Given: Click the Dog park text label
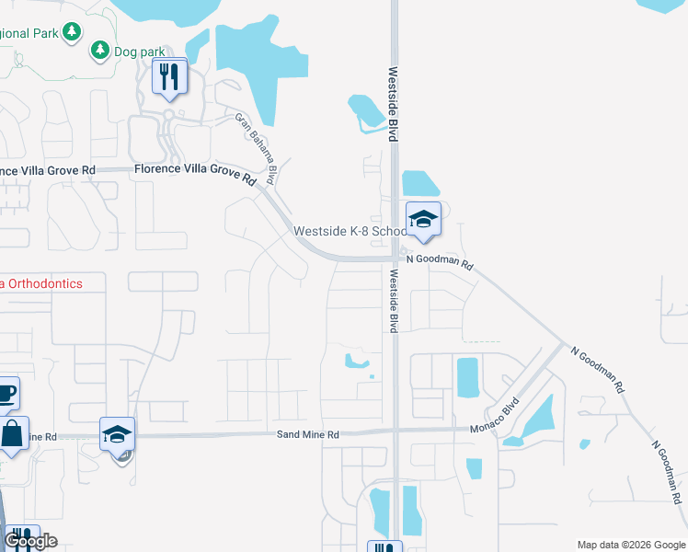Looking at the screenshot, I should pyautogui.click(x=138, y=52).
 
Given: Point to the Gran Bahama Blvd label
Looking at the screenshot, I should pyautogui.click(x=256, y=146).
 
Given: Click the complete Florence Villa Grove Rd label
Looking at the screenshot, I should pyautogui.click(x=194, y=171).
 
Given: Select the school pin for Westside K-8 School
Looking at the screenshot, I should pyautogui.click(x=423, y=221).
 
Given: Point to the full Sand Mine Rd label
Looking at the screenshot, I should pyautogui.click(x=308, y=434).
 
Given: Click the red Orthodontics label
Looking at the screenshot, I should pyautogui.click(x=41, y=284).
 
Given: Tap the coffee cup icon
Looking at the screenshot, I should pyautogui.click(x=6, y=394).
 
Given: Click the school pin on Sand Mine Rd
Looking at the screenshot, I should pyautogui.click(x=117, y=434).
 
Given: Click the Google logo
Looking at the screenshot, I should pyautogui.click(x=30, y=541).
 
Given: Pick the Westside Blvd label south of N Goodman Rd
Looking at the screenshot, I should pyautogui.click(x=393, y=301).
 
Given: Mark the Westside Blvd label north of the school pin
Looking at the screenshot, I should pyautogui.click(x=393, y=103).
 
